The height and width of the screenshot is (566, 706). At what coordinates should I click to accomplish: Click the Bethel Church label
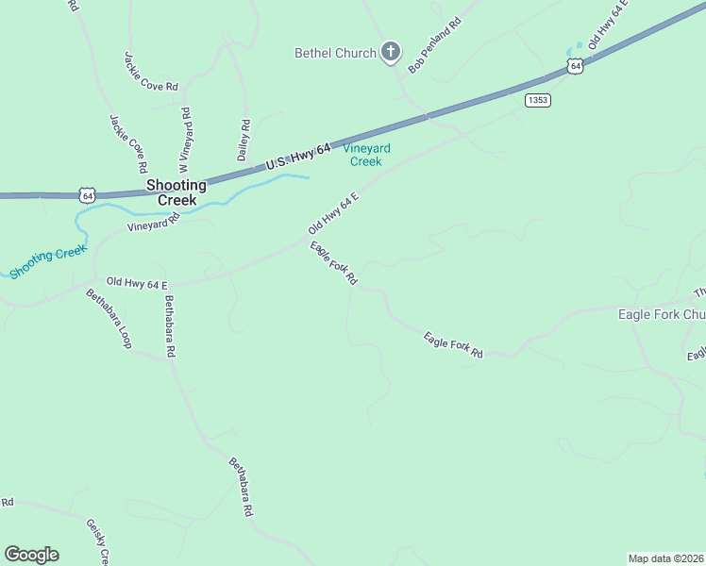coord(335,54)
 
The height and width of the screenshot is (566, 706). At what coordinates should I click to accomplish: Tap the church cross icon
coord(391,53)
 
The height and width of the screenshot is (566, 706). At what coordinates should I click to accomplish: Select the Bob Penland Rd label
coord(433,45)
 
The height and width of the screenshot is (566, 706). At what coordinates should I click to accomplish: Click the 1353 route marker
coord(538,100)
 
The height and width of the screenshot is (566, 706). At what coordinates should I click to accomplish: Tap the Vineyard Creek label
coord(366,155)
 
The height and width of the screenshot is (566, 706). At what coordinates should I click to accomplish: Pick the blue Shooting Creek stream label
coord(47,261)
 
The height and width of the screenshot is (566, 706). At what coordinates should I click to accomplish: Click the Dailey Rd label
coord(244,139)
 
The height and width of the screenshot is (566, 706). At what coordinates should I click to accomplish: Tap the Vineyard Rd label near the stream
coord(153,224)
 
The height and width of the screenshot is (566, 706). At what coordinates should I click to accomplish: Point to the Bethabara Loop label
coord(109,319)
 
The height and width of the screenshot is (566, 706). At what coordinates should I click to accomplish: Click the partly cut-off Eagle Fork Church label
coord(661,314)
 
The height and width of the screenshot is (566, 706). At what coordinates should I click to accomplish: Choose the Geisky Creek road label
coord(98,541)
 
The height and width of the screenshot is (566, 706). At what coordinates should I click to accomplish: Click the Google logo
coord(31,555)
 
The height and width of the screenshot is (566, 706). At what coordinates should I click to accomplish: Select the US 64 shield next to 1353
coord(575,66)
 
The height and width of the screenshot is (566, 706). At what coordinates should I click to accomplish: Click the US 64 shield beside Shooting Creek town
coord(87,195)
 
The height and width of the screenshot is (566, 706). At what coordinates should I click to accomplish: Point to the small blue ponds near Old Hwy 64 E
coord(574,48)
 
